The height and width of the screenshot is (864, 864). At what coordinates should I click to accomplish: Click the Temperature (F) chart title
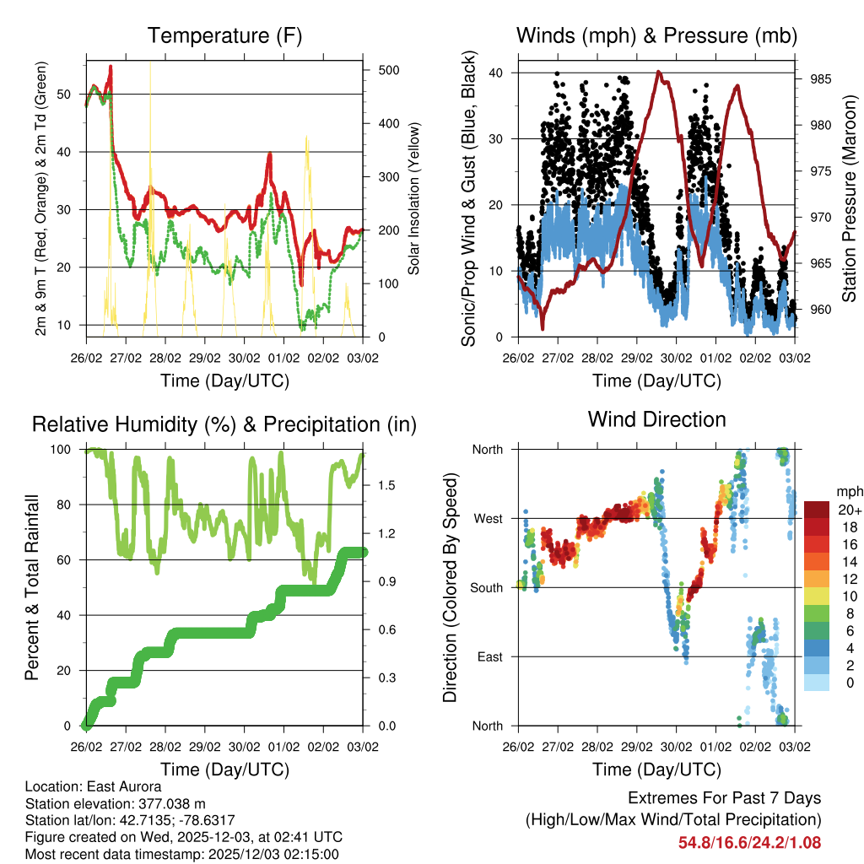(224, 35)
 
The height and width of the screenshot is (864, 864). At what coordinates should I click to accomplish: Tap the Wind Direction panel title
(656, 419)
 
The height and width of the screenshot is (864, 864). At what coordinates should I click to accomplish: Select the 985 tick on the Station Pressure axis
(822, 79)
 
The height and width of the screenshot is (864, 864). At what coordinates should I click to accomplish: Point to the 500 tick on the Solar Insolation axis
(388, 70)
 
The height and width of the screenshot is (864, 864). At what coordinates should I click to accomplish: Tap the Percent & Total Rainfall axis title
(31, 587)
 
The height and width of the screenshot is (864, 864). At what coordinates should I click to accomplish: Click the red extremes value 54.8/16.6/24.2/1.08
(749, 843)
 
